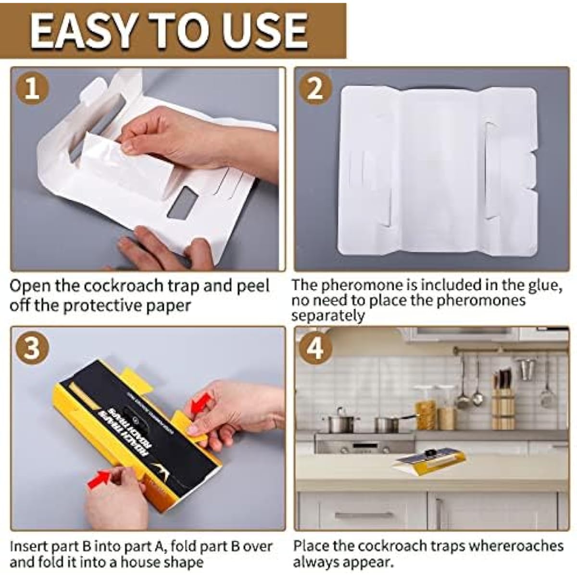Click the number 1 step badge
32,89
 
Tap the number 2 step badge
315,89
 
